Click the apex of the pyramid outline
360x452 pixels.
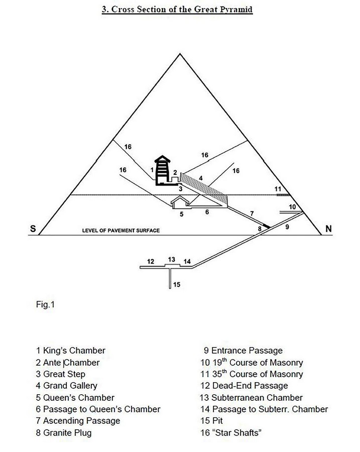point(180,54)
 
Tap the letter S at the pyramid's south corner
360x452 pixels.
point(33,229)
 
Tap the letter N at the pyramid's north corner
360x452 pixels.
point(328,229)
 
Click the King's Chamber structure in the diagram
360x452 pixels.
point(163,170)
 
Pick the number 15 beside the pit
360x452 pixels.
point(177,285)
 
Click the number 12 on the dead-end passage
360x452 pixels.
point(151,262)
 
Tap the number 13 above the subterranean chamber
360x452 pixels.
point(172,260)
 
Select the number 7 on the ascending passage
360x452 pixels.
point(252,213)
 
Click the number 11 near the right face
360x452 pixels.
point(278,189)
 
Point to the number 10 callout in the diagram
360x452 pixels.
point(292,207)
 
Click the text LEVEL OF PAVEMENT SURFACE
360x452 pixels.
point(121,231)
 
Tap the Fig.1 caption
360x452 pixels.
point(45,304)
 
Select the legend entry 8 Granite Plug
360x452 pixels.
point(64,433)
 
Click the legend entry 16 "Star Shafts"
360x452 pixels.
point(231,433)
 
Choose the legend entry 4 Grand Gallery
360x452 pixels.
point(67,386)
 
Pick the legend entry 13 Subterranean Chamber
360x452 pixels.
point(251,398)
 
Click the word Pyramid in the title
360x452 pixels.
point(236,9)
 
